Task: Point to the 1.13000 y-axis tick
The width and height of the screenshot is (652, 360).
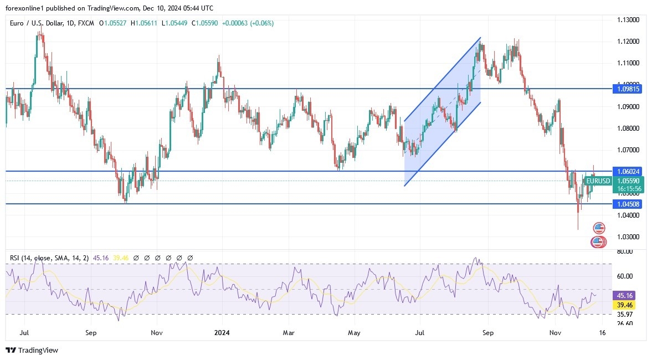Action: [x=629, y=20]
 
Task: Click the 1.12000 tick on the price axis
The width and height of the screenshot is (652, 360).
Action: [x=629, y=42]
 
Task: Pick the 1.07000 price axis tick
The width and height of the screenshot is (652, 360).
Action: [x=629, y=150]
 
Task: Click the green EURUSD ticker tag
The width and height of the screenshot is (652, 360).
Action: [x=598, y=181]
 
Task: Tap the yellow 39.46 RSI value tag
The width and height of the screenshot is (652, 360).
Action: [x=625, y=305]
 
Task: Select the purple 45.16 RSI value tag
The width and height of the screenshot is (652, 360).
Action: [x=625, y=296]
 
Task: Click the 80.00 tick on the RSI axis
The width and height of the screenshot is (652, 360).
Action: [x=625, y=251]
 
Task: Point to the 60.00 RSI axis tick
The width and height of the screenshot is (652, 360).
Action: [x=625, y=276]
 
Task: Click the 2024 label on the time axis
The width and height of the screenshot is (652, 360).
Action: [x=222, y=333]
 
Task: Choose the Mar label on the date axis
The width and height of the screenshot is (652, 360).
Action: [x=288, y=333]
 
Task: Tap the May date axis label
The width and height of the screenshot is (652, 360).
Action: [x=354, y=333]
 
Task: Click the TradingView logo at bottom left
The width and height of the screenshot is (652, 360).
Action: [x=32, y=350]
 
